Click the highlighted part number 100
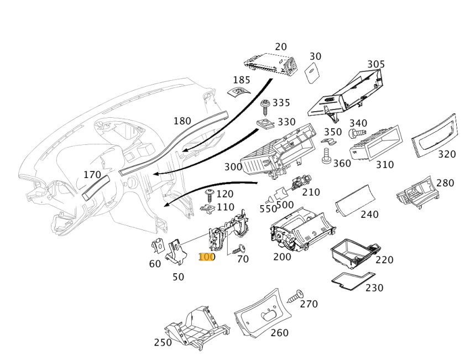click(206, 257)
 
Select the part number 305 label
click(376, 64)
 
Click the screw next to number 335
click(265, 105)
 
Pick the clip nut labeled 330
click(265, 124)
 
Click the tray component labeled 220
click(354, 252)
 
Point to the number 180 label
click(182, 121)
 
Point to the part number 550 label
click(268, 208)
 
